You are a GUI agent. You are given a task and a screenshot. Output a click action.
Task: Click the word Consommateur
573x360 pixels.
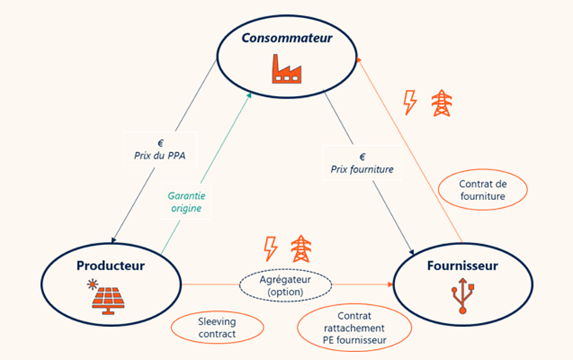coord(287,38)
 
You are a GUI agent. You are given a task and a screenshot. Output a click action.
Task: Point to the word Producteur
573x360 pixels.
coord(110,265)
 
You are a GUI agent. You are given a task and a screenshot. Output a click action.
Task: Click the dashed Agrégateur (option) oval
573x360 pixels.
coord(286,284)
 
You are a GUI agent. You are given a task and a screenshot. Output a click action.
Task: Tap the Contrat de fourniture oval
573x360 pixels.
coord(481,190)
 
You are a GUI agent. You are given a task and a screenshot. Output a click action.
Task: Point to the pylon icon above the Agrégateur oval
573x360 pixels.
coord(300,248)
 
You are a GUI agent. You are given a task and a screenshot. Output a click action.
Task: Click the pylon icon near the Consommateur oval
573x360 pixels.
coord(442,102)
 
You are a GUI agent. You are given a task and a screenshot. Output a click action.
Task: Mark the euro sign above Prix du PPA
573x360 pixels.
coord(161,143)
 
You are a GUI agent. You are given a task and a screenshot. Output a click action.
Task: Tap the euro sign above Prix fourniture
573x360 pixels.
coord(362,156)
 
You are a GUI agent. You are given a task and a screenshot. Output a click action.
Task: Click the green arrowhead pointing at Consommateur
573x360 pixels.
coord(250,95)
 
